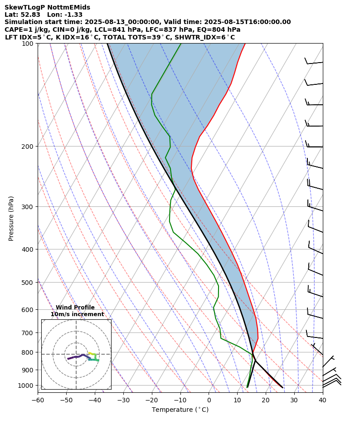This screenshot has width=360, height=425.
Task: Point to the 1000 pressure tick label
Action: [28, 386]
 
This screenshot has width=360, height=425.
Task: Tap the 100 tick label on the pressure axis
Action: [29, 44]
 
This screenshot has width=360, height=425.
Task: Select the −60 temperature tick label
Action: [38, 400]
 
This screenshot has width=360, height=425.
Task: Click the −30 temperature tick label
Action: [123, 400]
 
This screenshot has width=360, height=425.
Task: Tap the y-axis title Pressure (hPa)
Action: [11, 218]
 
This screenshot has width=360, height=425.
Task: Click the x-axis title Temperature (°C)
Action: [180, 410]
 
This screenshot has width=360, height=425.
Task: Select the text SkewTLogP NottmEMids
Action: [47, 7]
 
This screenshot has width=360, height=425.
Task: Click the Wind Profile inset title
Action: [75, 308]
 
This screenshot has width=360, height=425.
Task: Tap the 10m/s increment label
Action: [77, 314]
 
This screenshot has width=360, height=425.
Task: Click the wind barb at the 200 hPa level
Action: [314, 146]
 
